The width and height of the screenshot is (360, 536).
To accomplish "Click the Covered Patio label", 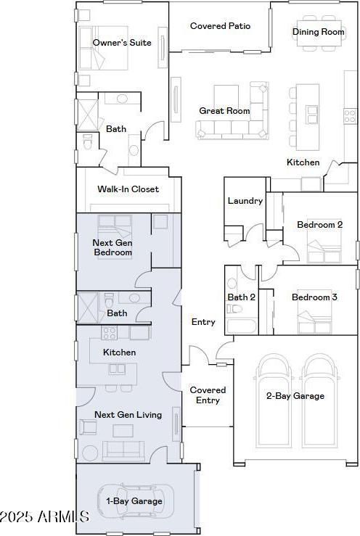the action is click(220, 26).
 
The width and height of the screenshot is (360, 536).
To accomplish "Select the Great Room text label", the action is click(224, 111).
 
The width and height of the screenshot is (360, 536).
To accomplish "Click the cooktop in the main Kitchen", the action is click(350, 115).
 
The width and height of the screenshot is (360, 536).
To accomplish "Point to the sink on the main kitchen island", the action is click(312, 114).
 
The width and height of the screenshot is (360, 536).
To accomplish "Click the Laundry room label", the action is click(245, 201).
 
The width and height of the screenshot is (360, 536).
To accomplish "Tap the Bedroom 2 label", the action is click(319, 225).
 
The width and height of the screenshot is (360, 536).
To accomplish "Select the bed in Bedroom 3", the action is click(314, 317).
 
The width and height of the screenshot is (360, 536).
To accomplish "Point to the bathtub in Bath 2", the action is click(241, 326).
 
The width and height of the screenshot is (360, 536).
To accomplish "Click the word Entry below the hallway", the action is click(203, 321).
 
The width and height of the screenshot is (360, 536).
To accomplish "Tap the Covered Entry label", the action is click(208, 395).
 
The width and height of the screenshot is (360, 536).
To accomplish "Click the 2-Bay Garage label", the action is click(295, 396).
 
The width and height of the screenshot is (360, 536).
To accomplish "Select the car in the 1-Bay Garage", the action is click(136, 501).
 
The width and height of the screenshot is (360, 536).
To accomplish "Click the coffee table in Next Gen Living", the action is click(123, 431).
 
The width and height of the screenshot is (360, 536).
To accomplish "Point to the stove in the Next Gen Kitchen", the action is click(109, 333).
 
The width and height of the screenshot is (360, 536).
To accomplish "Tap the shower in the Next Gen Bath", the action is click(88, 308).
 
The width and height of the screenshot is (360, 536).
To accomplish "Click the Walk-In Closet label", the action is click(128, 189).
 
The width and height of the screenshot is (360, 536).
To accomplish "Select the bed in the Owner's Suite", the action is click(102, 48).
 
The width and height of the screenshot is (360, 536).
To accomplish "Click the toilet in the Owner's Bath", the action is click(87, 141).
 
